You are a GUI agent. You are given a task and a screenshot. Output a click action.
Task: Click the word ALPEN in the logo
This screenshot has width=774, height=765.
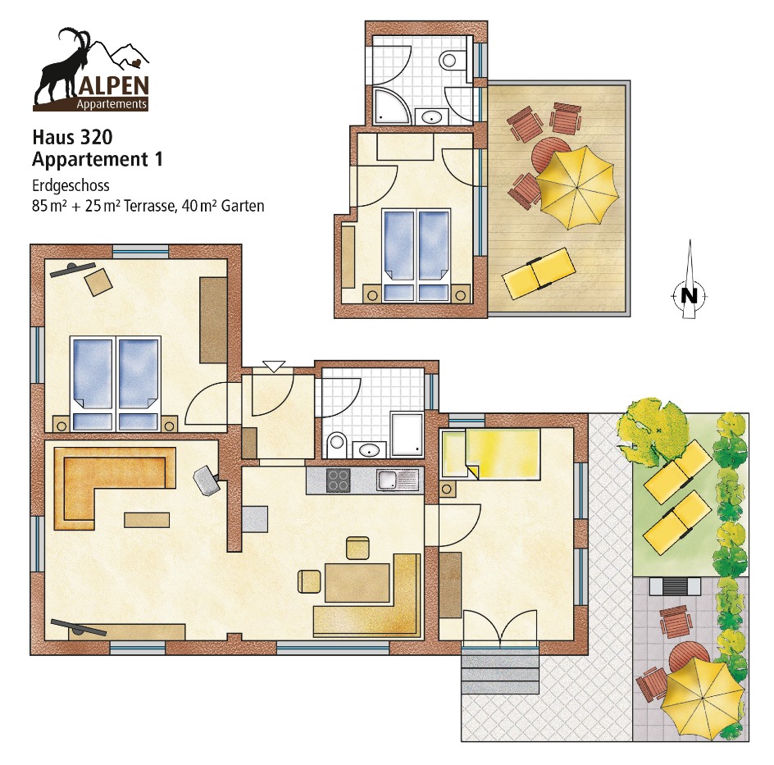pos(113,86)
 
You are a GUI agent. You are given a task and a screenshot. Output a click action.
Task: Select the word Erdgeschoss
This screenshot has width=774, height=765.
pos(71,185)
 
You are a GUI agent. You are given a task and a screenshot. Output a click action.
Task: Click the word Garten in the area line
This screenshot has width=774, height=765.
pos(243,205)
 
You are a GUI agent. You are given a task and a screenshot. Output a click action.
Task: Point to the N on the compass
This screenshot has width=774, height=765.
pos(689,296)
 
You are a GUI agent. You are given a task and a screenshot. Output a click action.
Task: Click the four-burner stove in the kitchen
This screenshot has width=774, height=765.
pos(339,480)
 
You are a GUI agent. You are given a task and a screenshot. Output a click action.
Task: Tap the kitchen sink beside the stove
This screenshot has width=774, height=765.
pos(398,480)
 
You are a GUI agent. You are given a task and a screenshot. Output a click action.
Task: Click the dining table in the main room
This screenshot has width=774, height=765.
pos(357,583)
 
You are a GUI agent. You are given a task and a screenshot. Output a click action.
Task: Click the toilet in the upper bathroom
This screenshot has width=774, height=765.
pos(452,60)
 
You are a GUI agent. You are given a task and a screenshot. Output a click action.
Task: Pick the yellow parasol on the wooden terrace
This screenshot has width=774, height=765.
pos(577,188)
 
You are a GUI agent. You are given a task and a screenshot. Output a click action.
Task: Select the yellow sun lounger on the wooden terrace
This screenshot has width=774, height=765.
pos(539,273)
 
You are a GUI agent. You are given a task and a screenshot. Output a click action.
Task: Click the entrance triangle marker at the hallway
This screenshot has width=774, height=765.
pos(274,367)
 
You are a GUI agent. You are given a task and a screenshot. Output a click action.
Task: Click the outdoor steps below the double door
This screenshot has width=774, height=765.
pos(500,672)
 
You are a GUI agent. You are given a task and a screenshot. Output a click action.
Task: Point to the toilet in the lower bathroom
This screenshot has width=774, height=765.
pos(337,443)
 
